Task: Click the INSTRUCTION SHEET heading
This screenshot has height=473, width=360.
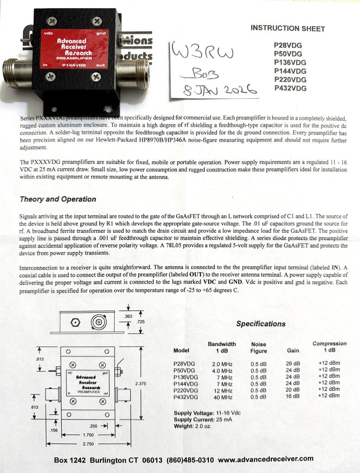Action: (287, 28)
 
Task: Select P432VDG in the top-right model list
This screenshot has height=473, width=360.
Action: (290, 88)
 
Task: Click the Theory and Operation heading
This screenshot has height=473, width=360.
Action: (58, 199)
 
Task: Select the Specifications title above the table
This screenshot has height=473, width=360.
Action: (261, 324)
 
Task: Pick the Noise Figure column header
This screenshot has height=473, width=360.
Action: (258, 347)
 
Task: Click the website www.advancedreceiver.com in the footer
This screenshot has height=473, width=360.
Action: (266, 459)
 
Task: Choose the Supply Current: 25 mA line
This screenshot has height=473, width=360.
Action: (203, 419)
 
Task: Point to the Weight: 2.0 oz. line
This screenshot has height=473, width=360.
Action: (192, 426)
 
